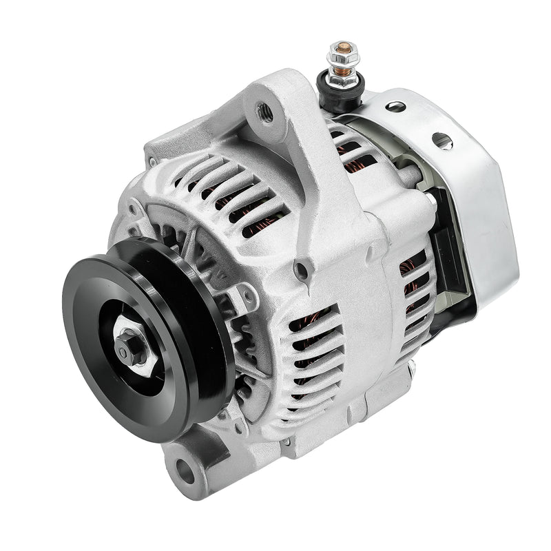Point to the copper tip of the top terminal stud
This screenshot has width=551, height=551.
[343, 48]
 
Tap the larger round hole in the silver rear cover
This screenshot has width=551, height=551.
[442, 141]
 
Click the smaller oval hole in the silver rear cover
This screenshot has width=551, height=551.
[395, 107]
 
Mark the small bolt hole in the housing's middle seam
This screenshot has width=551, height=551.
[300, 271]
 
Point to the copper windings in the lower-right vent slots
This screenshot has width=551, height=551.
[413, 289]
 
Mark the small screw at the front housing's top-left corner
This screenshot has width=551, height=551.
[152, 163]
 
